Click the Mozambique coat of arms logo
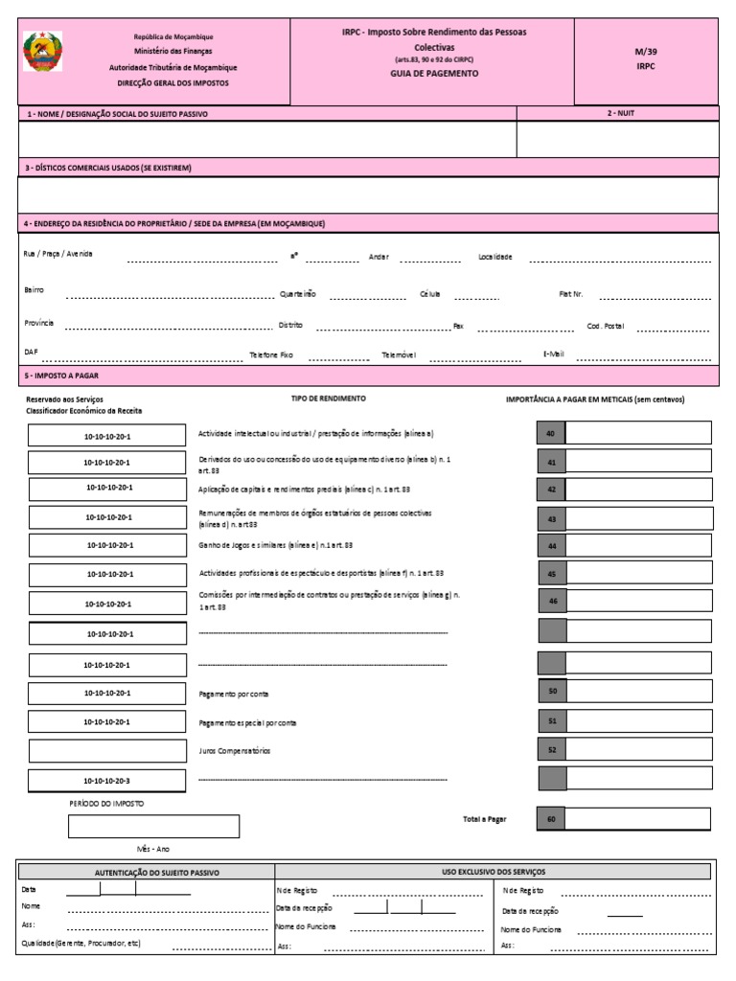coord(43,52)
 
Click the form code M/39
coord(646,52)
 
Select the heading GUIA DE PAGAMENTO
coord(434,73)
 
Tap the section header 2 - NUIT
coord(620,113)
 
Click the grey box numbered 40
coord(551,434)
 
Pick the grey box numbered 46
coord(551,602)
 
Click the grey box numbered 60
coord(551,819)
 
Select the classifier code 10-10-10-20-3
coord(107,781)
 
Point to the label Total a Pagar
coord(485,819)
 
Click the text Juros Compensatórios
coord(234,750)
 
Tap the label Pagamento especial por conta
coord(247,722)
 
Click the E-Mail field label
coord(554,354)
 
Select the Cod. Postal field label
coord(606,326)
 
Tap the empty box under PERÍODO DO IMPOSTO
coord(153,826)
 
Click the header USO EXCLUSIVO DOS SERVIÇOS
coord(493,872)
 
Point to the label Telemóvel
coord(399,354)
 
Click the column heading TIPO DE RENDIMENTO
coord(328,398)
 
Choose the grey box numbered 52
coord(551,750)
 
